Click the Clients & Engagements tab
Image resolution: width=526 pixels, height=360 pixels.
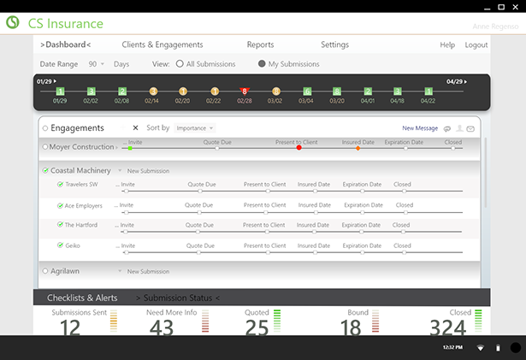pyautogui.click(x=163, y=44)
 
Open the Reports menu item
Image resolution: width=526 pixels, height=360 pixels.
pyautogui.click(x=260, y=44)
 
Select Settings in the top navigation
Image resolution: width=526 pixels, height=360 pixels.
pyautogui.click(x=334, y=44)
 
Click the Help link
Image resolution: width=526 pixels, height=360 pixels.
pyautogui.click(x=447, y=44)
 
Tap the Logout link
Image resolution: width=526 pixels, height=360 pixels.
pyautogui.click(x=476, y=44)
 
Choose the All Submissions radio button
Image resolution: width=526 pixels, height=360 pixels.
pyautogui.click(x=180, y=64)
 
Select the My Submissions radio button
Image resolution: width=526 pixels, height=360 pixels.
pyautogui.click(x=262, y=64)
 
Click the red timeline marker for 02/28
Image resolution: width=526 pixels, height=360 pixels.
pyautogui.click(x=245, y=91)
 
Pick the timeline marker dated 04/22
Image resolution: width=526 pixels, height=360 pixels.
pyautogui.click(x=428, y=91)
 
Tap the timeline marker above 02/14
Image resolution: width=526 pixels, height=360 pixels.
pyautogui.click(x=153, y=91)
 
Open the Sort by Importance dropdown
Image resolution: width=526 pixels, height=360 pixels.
pyautogui.click(x=194, y=128)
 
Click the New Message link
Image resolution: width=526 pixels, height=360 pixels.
pyautogui.click(x=420, y=128)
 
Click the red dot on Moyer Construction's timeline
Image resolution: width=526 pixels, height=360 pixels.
pyautogui.click(x=298, y=148)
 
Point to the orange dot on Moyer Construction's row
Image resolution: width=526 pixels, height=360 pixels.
pyautogui.click(x=358, y=148)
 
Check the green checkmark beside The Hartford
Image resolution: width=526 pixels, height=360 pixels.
pyautogui.click(x=60, y=225)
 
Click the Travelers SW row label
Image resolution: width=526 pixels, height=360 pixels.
pyautogui.click(x=81, y=184)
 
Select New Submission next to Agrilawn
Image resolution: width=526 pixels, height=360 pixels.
pyautogui.click(x=148, y=271)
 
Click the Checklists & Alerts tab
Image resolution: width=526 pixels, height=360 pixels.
pyautogui.click(x=82, y=298)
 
